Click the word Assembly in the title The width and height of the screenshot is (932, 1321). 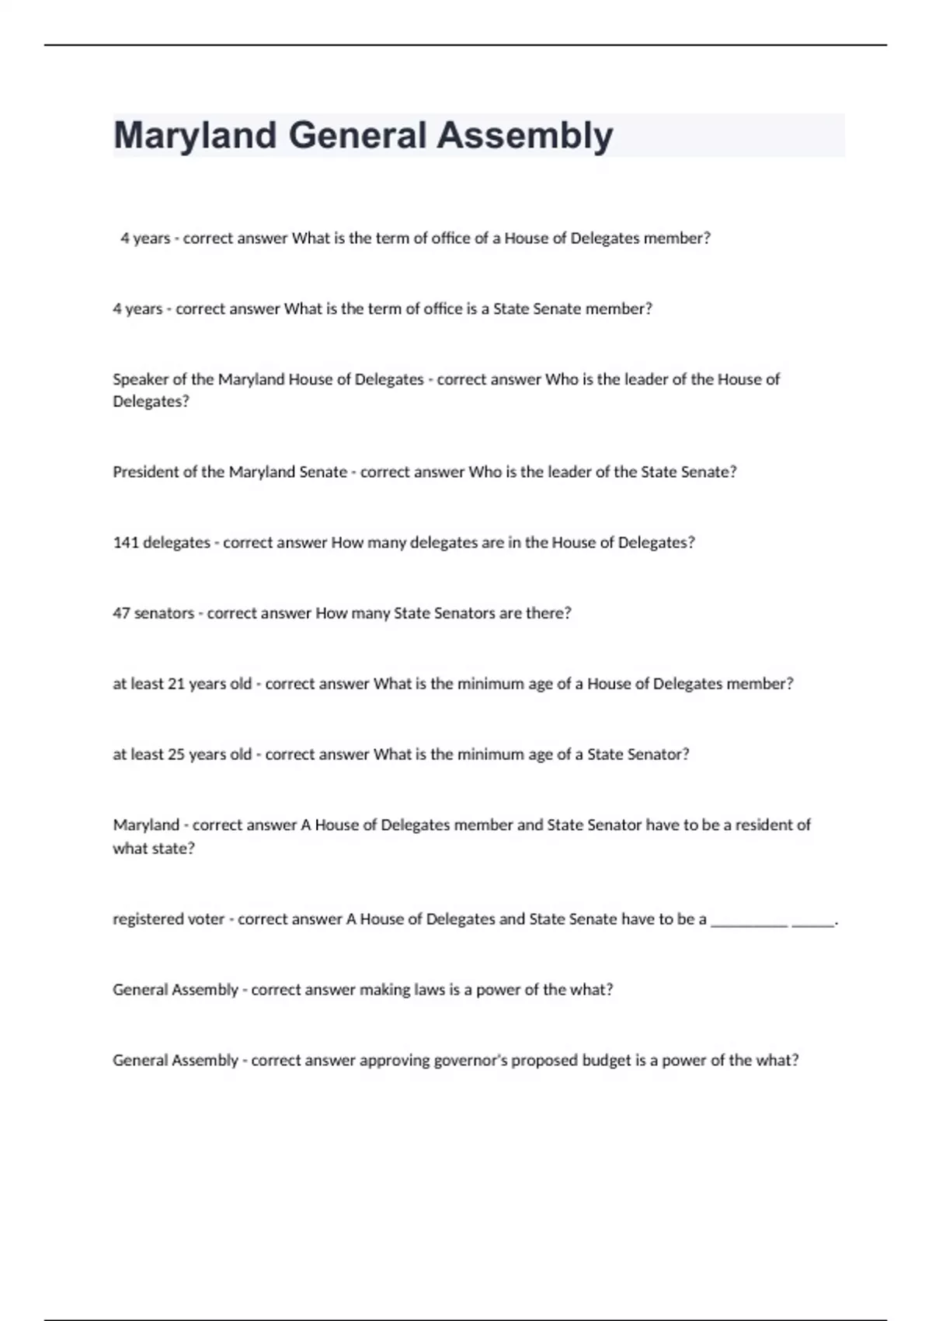tap(524, 136)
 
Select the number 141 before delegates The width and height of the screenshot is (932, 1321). tap(125, 542)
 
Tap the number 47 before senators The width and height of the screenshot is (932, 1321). tap(121, 613)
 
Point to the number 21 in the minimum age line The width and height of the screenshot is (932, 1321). tap(176, 684)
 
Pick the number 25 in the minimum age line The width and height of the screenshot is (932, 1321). tap(176, 755)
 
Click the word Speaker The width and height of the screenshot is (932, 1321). tap(140, 380)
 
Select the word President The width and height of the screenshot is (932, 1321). tap(145, 472)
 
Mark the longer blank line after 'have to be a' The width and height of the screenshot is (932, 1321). tap(749, 923)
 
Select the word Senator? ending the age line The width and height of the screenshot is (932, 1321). tap(659, 755)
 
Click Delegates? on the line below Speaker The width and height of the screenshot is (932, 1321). tap(151, 402)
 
